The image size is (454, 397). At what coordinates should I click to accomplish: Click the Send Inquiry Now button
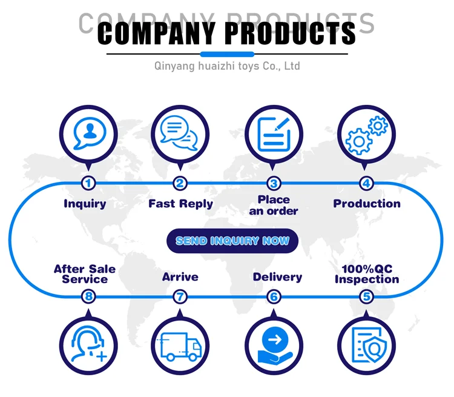(232, 241)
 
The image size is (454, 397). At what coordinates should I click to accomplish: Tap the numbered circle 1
(88, 183)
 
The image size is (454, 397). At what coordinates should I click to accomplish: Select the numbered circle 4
(366, 183)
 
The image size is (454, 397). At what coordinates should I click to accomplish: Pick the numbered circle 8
(88, 296)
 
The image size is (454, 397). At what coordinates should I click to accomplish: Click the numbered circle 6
(274, 296)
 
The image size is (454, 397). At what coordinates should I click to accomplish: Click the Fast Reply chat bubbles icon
(180, 133)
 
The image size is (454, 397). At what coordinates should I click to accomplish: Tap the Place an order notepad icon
(274, 133)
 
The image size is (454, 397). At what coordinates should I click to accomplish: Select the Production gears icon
(366, 133)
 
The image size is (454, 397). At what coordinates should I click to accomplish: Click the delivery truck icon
(180, 347)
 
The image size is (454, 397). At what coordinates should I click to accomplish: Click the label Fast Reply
(180, 204)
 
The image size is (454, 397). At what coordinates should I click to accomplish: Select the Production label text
(367, 204)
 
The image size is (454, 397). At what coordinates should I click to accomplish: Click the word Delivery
(277, 277)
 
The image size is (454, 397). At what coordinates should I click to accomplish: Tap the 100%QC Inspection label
(367, 274)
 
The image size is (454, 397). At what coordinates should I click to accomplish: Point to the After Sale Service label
(85, 274)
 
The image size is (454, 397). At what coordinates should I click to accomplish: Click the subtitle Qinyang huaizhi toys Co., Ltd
(227, 65)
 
